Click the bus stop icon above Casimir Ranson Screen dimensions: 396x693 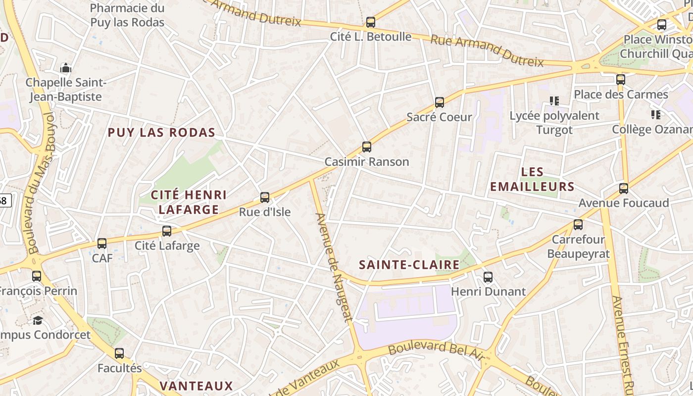click(x=366, y=147)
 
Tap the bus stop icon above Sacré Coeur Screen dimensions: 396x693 click(x=439, y=102)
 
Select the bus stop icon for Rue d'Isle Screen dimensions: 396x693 click(x=265, y=198)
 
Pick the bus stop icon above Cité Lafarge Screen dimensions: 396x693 click(x=167, y=231)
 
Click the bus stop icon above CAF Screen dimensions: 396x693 click(x=102, y=244)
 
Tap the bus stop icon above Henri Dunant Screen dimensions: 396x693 click(x=488, y=277)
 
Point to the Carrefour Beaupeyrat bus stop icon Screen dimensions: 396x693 click(x=578, y=225)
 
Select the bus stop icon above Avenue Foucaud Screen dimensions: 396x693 click(x=623, y=189)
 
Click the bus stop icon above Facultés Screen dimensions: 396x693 click(x=119, y=353)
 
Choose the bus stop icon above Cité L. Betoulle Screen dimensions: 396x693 click(x=370, y=22)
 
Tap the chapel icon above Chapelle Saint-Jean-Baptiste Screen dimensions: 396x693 click(x=66, y=68)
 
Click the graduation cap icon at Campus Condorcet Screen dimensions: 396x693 click(x=38, y=320)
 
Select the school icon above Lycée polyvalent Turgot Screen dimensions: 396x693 click(x=554, y=101)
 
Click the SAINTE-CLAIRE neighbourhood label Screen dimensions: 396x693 click(x=409, y=265)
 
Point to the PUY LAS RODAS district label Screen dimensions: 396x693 click(x=161, y=133)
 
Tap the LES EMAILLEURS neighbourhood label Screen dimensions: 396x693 click(x=532, y=179)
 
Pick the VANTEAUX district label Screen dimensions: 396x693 click(x=196, y=386)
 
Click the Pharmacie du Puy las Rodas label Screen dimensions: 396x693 click(x=127, y=15)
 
